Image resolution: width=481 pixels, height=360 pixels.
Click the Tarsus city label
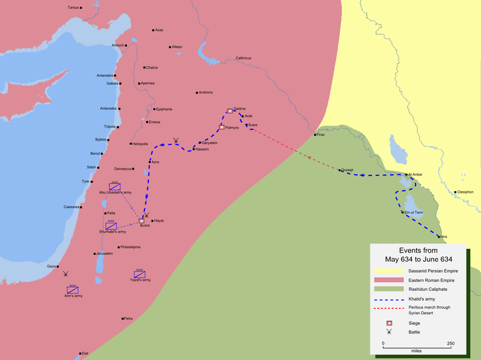(x=73, y=7)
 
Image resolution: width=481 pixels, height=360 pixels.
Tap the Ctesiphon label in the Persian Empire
(x=465, y=192)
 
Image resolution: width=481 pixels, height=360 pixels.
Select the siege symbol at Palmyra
(x=222, y=127)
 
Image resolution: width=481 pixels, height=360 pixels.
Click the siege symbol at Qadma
(x=230, y=111)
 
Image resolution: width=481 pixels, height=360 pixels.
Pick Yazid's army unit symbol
(x=139, y=274)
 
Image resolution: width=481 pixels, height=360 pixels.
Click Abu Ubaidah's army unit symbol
(x=115, y=186)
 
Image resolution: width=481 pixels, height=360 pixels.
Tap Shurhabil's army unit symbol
(x=111, y=226)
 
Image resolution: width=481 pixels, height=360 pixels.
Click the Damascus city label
(x=123, y=169)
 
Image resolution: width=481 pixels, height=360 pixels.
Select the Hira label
(x=444, y=236)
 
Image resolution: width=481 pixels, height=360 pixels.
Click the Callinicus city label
(x=244, y=58)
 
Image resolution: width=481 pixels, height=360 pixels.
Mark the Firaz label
(x=320, y=135)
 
